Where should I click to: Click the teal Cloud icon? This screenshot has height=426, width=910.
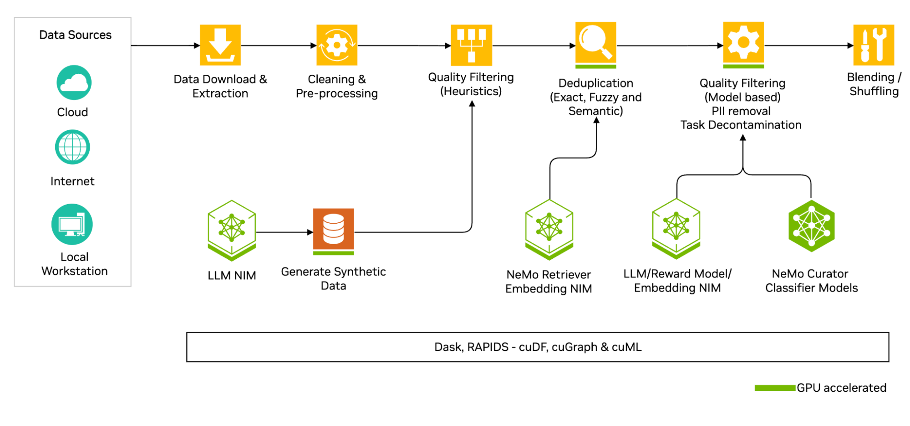click(74, 82)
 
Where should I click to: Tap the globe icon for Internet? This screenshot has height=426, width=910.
click(72, 147)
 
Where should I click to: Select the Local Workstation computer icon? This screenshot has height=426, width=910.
click(72, 224)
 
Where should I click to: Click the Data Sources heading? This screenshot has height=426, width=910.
click(75, 35)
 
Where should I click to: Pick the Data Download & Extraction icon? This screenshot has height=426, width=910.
click(220, 45)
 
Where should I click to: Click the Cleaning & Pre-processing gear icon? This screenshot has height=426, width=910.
click(337, 45)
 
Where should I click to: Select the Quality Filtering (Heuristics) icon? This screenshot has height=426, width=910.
click(471, 45)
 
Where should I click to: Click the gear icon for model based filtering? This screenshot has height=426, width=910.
click(743, 44)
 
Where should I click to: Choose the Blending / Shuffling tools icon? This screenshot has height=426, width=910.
click(874, 45)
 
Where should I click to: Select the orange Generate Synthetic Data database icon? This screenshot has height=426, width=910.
click(334, 230)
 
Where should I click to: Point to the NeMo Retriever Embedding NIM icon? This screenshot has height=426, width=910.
click(549, 228)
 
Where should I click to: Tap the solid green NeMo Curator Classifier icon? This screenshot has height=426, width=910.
click(812, 226)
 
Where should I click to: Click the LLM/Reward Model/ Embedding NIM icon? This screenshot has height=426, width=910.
click(676, 227)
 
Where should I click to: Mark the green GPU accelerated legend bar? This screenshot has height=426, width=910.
click(775, 388)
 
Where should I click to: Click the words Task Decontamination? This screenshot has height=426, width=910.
click(741, 125)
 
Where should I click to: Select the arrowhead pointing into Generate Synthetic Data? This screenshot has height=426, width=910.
click(310, 232)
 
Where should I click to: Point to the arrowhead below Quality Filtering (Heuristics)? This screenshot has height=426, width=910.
click(472, 104)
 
